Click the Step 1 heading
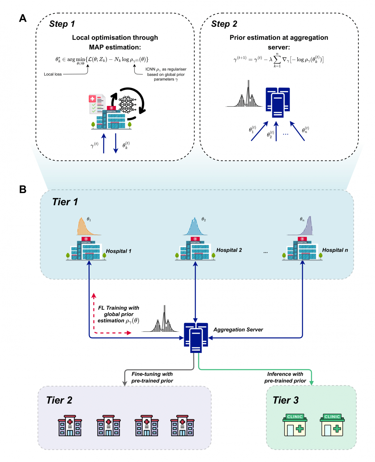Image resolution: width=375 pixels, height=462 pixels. (62, 24)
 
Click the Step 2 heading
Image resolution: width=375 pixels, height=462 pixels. (224, 24)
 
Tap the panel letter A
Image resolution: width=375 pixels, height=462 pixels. (23, 18)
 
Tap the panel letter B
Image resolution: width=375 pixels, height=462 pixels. (23, 189)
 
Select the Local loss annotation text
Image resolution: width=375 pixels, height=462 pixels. (53, 74)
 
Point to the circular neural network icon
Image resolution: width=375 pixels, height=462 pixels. (128, 103)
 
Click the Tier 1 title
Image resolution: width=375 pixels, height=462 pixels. (65, 202)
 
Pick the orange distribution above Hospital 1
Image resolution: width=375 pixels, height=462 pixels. (85, 227)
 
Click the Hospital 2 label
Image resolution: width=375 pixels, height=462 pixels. (229, 250)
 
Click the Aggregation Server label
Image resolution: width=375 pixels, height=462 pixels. (238, 330)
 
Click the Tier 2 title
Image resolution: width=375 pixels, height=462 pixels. (59, 400)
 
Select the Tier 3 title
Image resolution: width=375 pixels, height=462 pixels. (286, 400)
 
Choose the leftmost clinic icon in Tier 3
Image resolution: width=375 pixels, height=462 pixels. (295, 425)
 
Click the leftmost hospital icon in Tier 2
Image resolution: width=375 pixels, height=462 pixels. (70, 426)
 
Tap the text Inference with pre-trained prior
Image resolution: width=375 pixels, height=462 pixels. (285, 377)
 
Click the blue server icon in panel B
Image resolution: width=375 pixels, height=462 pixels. (196, 338)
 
